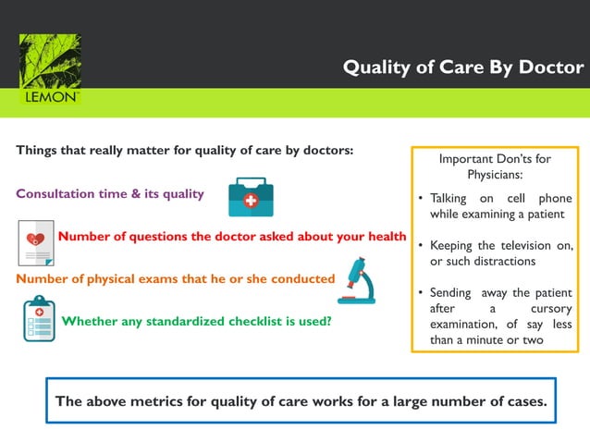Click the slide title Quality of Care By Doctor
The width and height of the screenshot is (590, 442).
[462, 68]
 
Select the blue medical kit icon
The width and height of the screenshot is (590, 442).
[251, 197]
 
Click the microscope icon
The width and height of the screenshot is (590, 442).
[357, 281]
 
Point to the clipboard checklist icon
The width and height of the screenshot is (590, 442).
[39, 319]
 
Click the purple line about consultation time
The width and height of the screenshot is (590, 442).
[110, 194]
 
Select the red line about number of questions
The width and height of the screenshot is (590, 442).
[232, 237]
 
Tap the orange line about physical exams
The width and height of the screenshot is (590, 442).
[175, 278]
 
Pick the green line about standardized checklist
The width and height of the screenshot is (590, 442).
[196, 322]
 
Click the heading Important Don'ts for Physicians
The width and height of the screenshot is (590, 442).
[494, 166]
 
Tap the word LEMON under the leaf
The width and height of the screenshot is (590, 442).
[50, 97]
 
